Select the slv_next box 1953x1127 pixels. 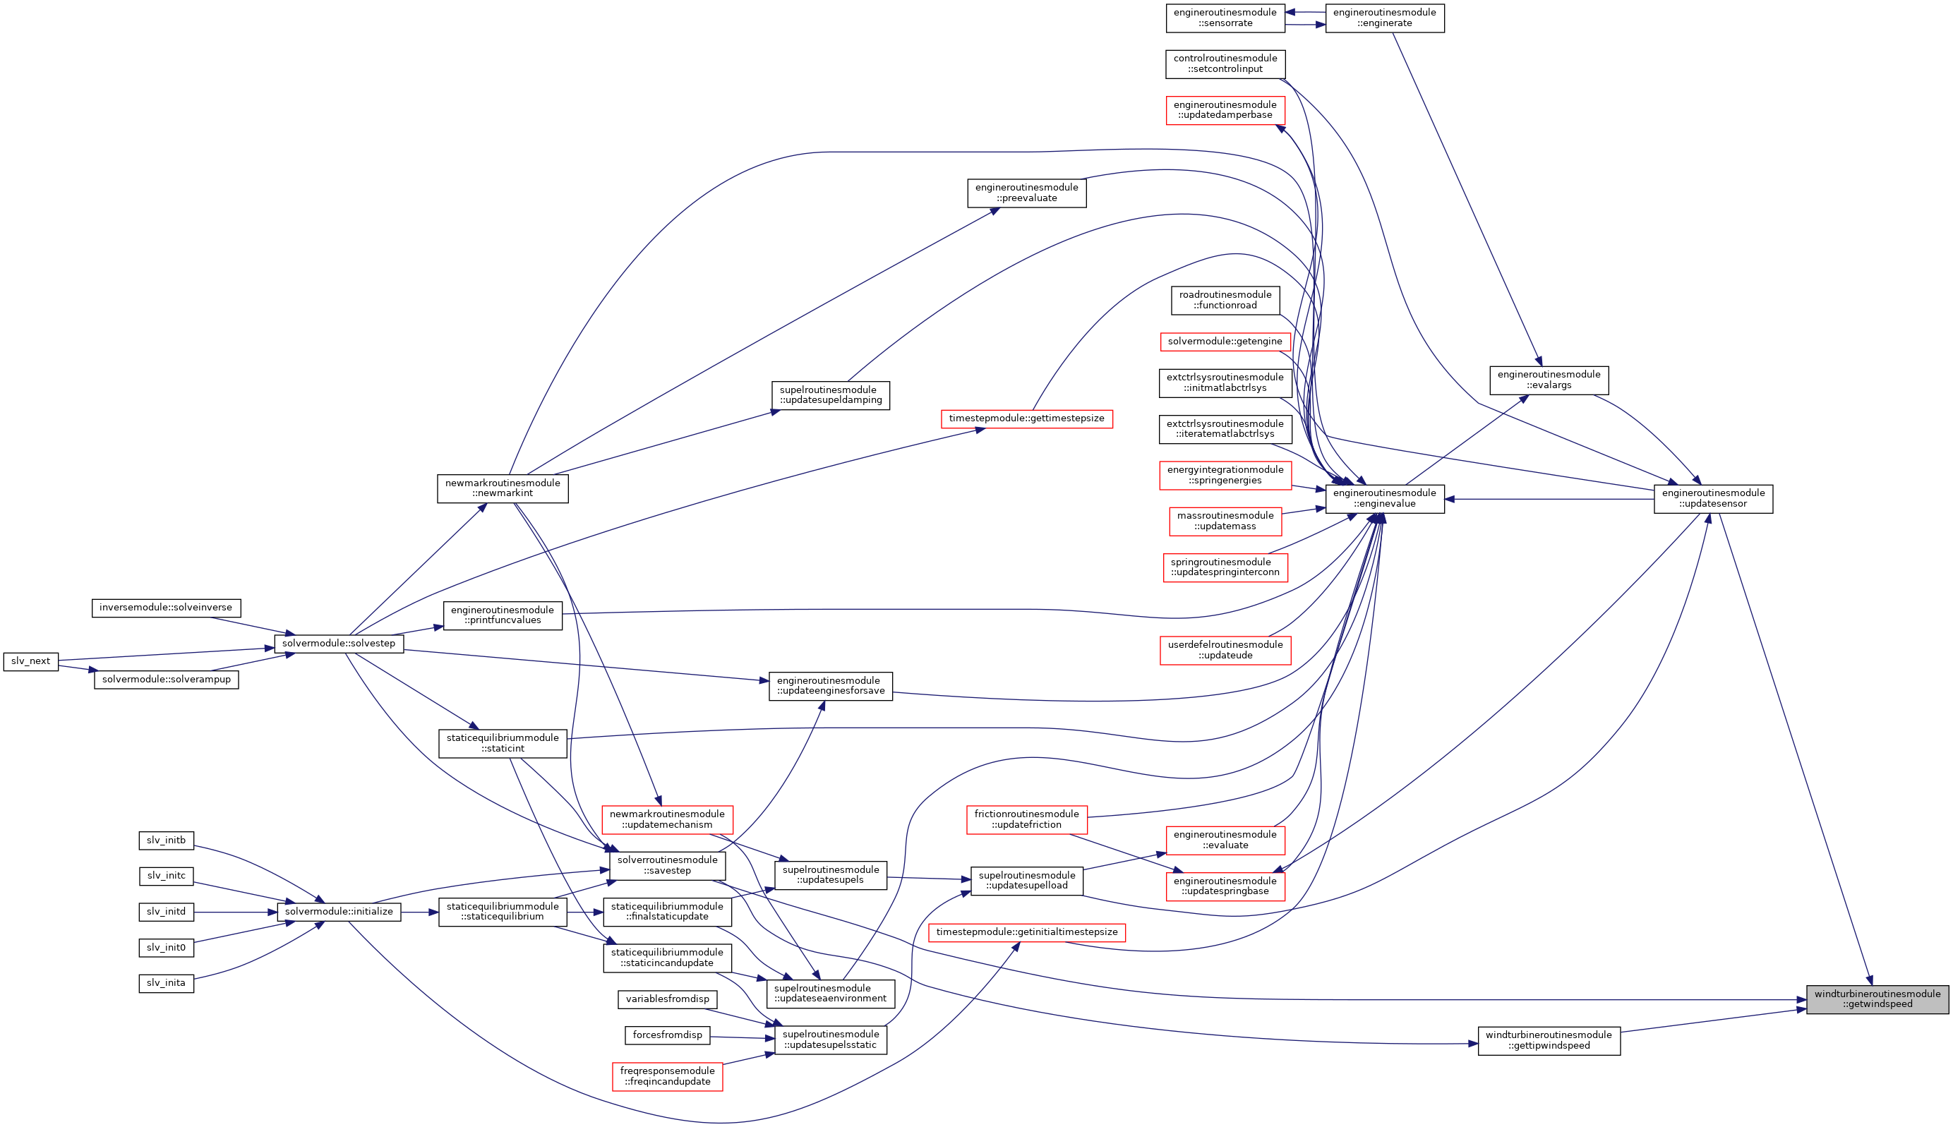pos(31,661)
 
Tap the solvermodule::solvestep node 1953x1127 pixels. pos(338,643)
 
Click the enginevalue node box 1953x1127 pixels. pos(1384,498)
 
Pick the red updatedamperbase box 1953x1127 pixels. pos(1225,110)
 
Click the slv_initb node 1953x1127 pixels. pos(166,840)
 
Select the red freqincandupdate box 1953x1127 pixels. pos(666,1076)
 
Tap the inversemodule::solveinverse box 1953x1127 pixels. pos(166,608)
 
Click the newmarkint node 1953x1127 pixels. pos(503,488)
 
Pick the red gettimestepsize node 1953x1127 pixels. pos(1026,418)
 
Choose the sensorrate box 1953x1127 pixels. pos(1225,18)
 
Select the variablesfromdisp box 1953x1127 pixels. pos(667,999)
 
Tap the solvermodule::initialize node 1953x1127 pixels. pos(338,912)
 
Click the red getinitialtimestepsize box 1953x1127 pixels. pos(1026,932)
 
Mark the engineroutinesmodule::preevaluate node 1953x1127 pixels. pos(1026,193)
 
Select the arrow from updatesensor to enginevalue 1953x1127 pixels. pos(1548,499)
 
